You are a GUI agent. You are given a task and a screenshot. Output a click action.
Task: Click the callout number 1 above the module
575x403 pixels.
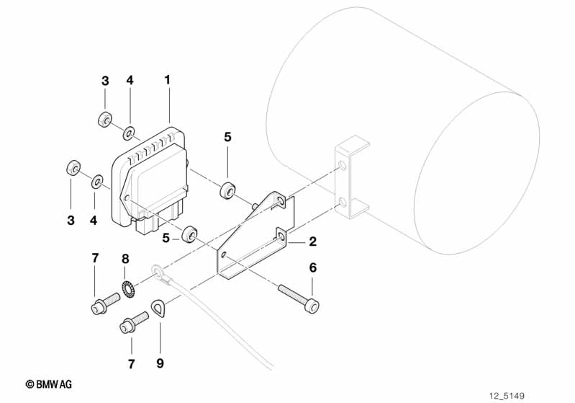point(168,80)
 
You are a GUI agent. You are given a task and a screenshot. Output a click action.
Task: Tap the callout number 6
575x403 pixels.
point(312,267)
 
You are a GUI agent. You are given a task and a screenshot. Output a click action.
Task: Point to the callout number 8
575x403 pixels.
point(125,257)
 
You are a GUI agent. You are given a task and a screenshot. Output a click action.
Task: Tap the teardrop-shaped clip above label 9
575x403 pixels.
point(159,310)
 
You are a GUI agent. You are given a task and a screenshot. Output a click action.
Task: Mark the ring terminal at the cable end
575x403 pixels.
point(157,273)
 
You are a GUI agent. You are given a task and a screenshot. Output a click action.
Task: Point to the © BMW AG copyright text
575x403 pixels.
point(54,385)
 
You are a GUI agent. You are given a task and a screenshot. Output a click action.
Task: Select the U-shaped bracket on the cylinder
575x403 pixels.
point(351,180)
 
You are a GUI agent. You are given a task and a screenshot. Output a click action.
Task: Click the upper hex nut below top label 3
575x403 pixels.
point(104,119)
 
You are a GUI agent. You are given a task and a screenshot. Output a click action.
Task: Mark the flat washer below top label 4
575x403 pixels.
point(129,132)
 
